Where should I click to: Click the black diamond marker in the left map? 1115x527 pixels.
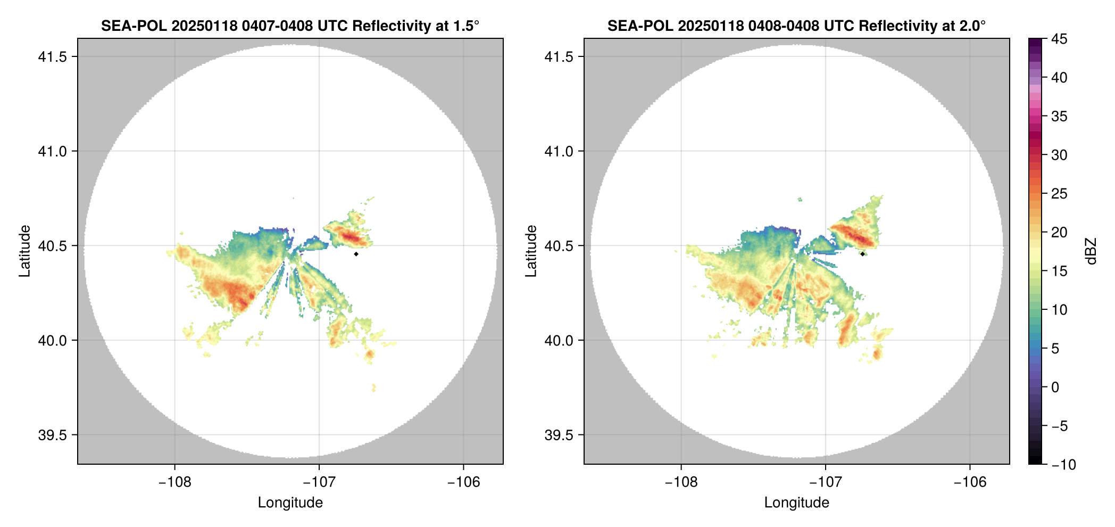coord(356,254)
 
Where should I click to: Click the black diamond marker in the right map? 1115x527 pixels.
coord(862,254)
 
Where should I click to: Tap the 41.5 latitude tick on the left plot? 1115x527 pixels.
coord(53,57)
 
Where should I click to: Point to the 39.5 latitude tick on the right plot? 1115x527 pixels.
coord(559,435)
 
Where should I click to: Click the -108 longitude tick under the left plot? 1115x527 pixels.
coord(174,482)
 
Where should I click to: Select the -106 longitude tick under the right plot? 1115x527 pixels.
coord(970,482)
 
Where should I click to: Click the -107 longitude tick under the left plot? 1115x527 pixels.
coord(319,482)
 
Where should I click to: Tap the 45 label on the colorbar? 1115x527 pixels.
coord(1059,39)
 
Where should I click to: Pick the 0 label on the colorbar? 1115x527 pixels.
coord(1055,388)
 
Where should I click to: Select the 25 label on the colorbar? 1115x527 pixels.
coord(1059,194)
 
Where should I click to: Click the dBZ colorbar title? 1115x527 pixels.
coord(1092,251)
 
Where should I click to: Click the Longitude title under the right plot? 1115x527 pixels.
coord(796,503)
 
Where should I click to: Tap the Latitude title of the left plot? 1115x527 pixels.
coord(24,251)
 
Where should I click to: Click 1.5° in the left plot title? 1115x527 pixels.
coord(465,26)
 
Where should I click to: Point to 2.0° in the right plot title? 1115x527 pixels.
coord(972,26)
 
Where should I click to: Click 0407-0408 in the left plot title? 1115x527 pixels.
coord(277,26)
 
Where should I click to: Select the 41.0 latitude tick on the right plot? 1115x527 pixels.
coord(559,152)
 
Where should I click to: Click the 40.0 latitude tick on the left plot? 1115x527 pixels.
coord(53,341)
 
